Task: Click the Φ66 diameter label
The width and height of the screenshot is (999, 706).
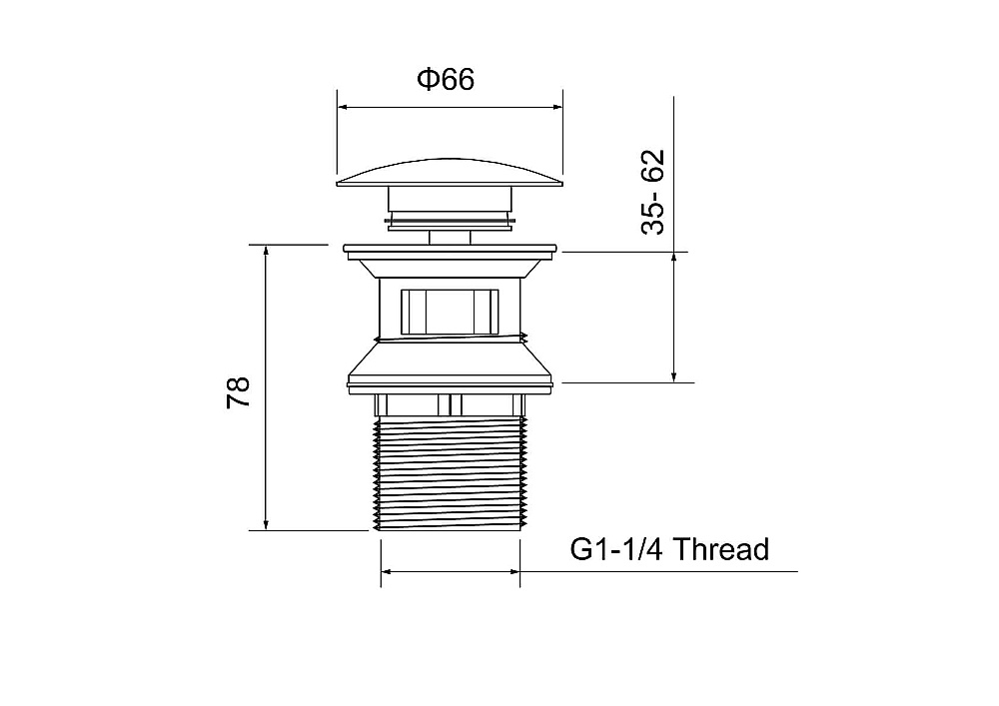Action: tap(446, 80)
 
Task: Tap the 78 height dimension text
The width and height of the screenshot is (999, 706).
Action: tap(239, 392)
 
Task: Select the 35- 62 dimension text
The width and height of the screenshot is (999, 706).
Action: tap(653, 193)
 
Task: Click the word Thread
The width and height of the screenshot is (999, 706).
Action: tap(720, 549)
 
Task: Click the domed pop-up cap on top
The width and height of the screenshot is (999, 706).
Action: tap(450, 173)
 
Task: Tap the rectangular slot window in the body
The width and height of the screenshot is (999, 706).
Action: tap(450, 312)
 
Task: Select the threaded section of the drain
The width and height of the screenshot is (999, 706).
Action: tap(450, 473)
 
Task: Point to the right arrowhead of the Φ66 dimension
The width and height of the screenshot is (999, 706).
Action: tap(555, 108)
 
